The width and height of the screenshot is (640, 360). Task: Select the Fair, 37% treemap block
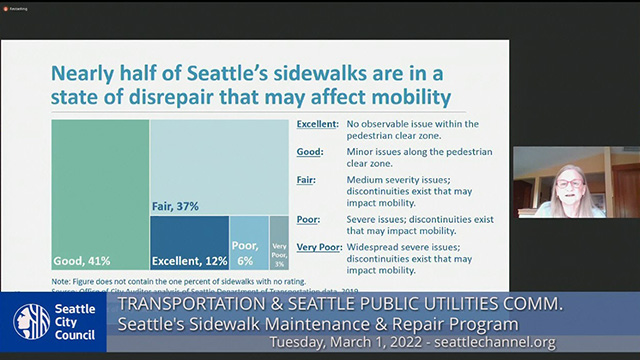207,165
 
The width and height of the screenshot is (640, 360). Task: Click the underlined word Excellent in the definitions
320,124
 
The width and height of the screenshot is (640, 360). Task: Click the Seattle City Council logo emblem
31,321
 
